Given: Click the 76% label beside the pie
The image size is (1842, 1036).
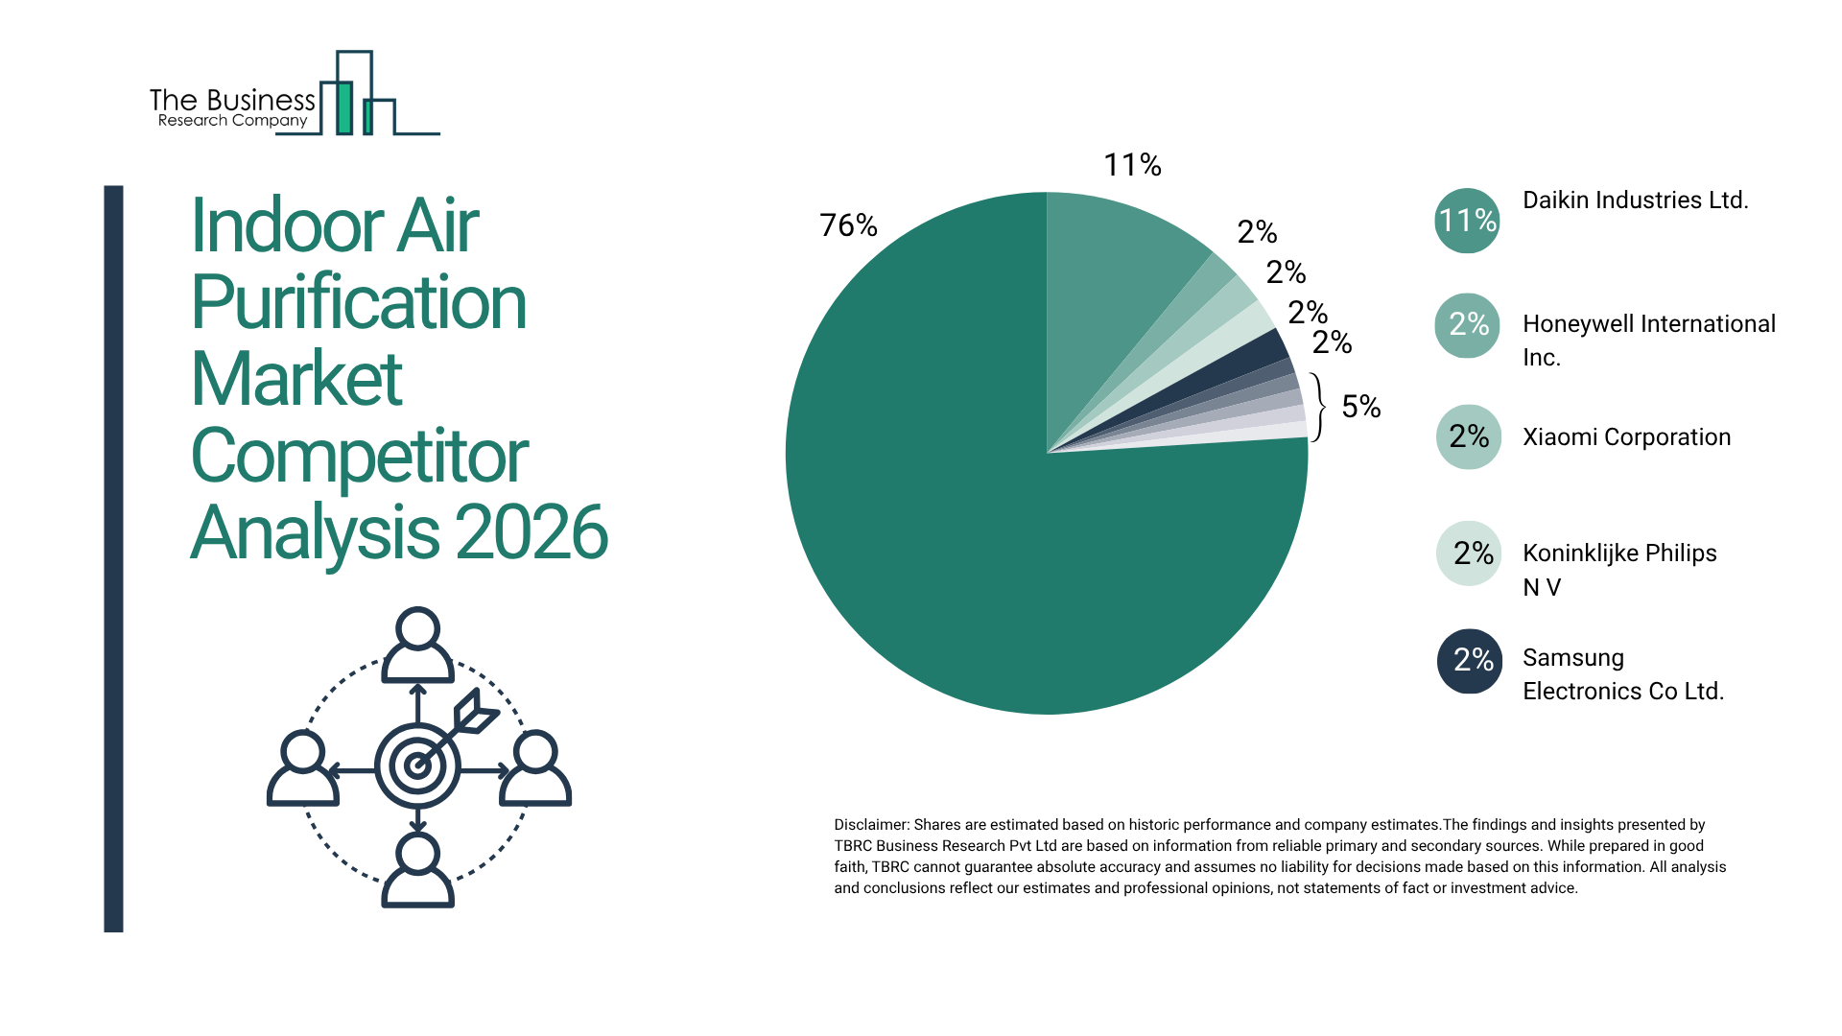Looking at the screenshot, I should click(x=848, y=225).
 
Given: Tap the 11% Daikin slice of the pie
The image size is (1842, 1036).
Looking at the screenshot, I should click(x=1113, y=269).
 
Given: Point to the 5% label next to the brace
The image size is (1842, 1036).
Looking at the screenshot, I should click(x=1360, y=407).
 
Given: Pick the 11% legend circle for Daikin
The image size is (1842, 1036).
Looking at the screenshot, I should click(x=1467, y=221).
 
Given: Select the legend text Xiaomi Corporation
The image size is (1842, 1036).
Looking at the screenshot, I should click(x=1626, y=437).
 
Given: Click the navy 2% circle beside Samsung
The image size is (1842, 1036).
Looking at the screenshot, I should click(x=1469, y=661).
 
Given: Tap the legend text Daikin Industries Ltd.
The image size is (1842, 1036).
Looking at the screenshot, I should click(x=1635, y=200).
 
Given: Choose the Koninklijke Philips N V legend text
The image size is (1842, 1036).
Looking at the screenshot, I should click(x=1619, y=570).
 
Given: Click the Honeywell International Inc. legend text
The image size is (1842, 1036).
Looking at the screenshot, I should click(x=1648, y=341).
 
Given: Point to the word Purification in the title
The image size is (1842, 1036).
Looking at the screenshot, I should click(x=359, y=303).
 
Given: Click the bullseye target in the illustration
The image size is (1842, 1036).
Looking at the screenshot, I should click(x=417, y=765).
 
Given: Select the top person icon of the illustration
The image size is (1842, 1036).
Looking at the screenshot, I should click(x=417, y=645).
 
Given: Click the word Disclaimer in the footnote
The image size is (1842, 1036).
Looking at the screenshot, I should click(x=870, y=825).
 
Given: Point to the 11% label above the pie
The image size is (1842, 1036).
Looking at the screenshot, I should click(x=1132, y=165).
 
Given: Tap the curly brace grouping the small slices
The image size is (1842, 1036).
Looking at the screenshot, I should click(x=1321, y=407).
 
